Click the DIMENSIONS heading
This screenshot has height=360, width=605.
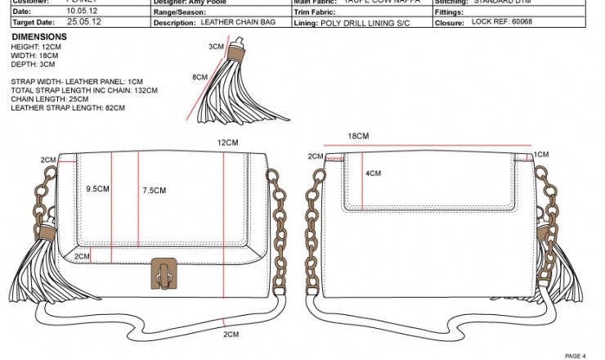pyautogui.click(x=39, y=38)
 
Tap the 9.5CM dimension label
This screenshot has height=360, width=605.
pyautogui.click(x=98, y=189)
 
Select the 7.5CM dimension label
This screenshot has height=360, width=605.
pyautogui.click(x=154, y=191)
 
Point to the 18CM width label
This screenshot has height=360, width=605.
pyautogui.click(x=358, y=136)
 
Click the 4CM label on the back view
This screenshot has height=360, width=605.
pyautogui.click(x=373, y=173)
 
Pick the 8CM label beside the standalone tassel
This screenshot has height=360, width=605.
pyautogui.click(x=199, y=77)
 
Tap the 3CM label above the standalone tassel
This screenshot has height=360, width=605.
pyautogui.click(x=216, y=47)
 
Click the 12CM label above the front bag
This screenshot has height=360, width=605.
pyautogui.click(x=227, y=142)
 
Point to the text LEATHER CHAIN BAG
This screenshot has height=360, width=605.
pyautogui.click(x=243, y=23)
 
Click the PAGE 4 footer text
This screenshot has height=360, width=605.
pyautogui.click(x=576, y=356)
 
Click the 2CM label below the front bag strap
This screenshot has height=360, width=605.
pyautogui.click(x=231, y=334)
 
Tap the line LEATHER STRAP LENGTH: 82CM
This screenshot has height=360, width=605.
pyautogui.click(x=68, y=107)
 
